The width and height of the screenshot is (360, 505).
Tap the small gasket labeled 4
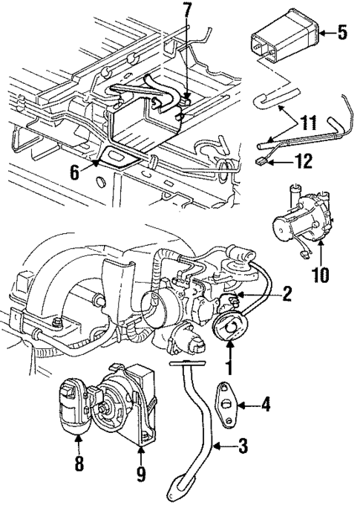click(x=226, y=403)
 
